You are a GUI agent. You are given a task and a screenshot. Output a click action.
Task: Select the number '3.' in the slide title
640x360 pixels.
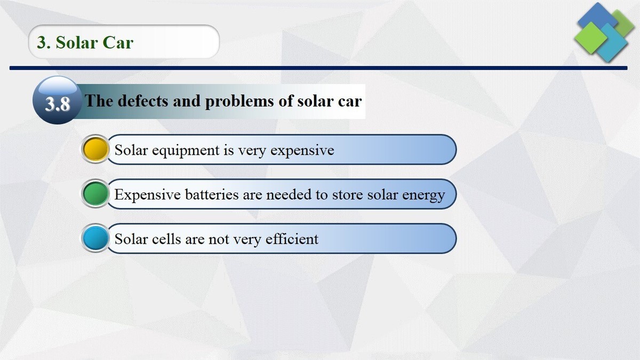pos(44,42)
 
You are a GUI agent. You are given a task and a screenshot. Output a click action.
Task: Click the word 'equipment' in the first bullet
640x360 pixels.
pos(186,150)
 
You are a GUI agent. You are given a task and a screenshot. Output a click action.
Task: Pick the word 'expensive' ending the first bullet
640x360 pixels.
pos(302,150)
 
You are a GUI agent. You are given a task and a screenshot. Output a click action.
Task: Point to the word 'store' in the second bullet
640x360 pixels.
pos(348,195)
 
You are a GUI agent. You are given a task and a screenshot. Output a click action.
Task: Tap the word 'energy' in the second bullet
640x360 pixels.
pos(423,195)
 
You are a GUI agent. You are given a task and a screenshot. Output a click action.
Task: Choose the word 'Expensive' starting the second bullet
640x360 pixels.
pos(147,195)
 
